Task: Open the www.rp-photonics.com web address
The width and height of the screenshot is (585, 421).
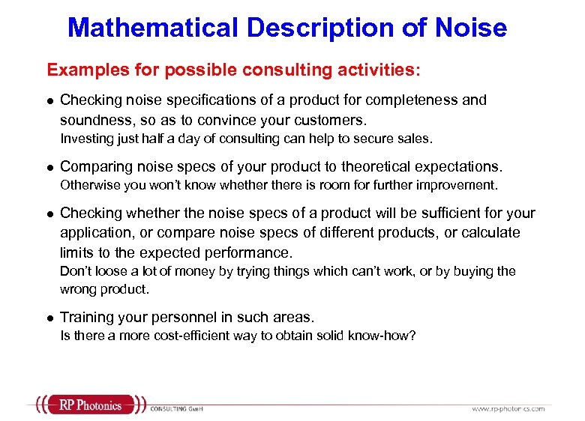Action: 508,409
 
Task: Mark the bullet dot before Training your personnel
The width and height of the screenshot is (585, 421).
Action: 49,318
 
